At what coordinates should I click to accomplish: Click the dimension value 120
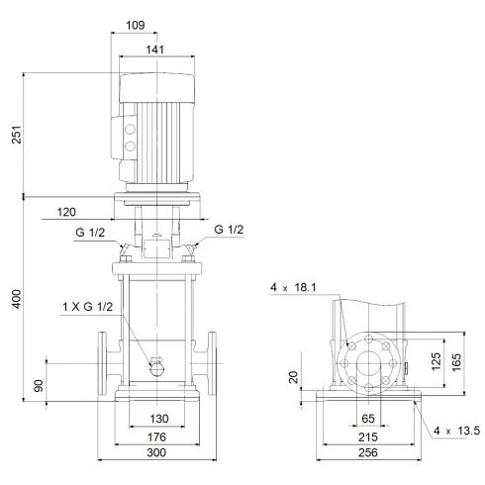(67, 212)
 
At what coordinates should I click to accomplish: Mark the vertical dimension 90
(40, 383)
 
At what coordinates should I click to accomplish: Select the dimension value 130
(157, 419)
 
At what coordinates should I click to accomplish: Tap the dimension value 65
(367, 419)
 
